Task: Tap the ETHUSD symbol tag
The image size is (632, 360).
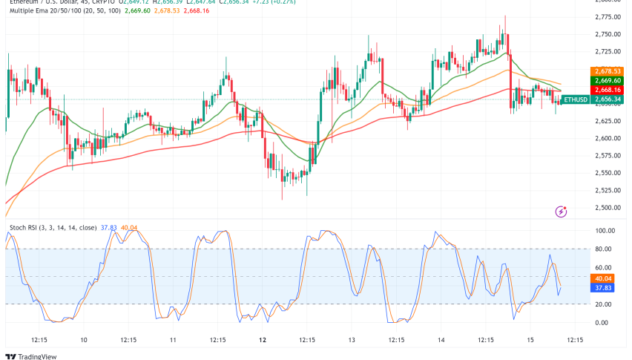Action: [x=575, y=99]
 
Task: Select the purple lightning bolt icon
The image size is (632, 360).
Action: [x=562, y=212]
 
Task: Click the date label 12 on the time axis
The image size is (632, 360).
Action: [x=261, y=340]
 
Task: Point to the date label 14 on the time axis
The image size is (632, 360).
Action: [x=441, y=340]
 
